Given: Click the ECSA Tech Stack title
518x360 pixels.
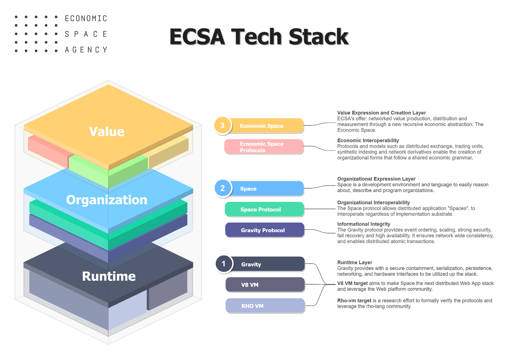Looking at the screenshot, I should [x=259, y=37].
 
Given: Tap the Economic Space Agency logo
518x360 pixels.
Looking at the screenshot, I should [x=63, y=34].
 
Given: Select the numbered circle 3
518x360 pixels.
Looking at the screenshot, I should [x=222, y=125].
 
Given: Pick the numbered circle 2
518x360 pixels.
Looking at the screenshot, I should [x=222, y=188].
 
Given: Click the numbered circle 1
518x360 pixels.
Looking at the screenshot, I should [x=223, y=264].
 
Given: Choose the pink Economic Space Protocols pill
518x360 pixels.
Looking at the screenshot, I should [x=264, y=147].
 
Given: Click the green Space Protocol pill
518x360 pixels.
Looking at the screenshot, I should [x=264, y=209].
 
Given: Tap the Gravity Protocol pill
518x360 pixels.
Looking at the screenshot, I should [x=265, y=230].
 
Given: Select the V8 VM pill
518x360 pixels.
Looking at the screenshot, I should [x=265, y=285].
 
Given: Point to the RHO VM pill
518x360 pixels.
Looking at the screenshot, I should [x=265, y=306].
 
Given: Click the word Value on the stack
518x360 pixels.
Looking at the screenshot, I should [x=107, y=132].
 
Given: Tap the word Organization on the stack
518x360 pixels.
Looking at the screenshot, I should [x=107, y=200].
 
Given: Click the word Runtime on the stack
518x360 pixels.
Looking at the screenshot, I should [x=109, y=276].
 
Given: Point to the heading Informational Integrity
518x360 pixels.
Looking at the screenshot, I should [x=364, y=224].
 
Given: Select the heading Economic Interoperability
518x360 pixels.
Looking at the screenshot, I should [x=368, y=140].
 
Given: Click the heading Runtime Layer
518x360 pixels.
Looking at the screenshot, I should [x=355, y=262].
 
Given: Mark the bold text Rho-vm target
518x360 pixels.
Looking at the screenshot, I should [x=354, y=300].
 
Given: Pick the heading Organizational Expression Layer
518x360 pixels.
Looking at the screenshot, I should [x=376, y=179].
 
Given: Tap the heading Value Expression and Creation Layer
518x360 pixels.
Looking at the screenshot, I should [x=381, y=113].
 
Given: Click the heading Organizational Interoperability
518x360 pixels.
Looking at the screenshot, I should [x=373, y=202].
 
